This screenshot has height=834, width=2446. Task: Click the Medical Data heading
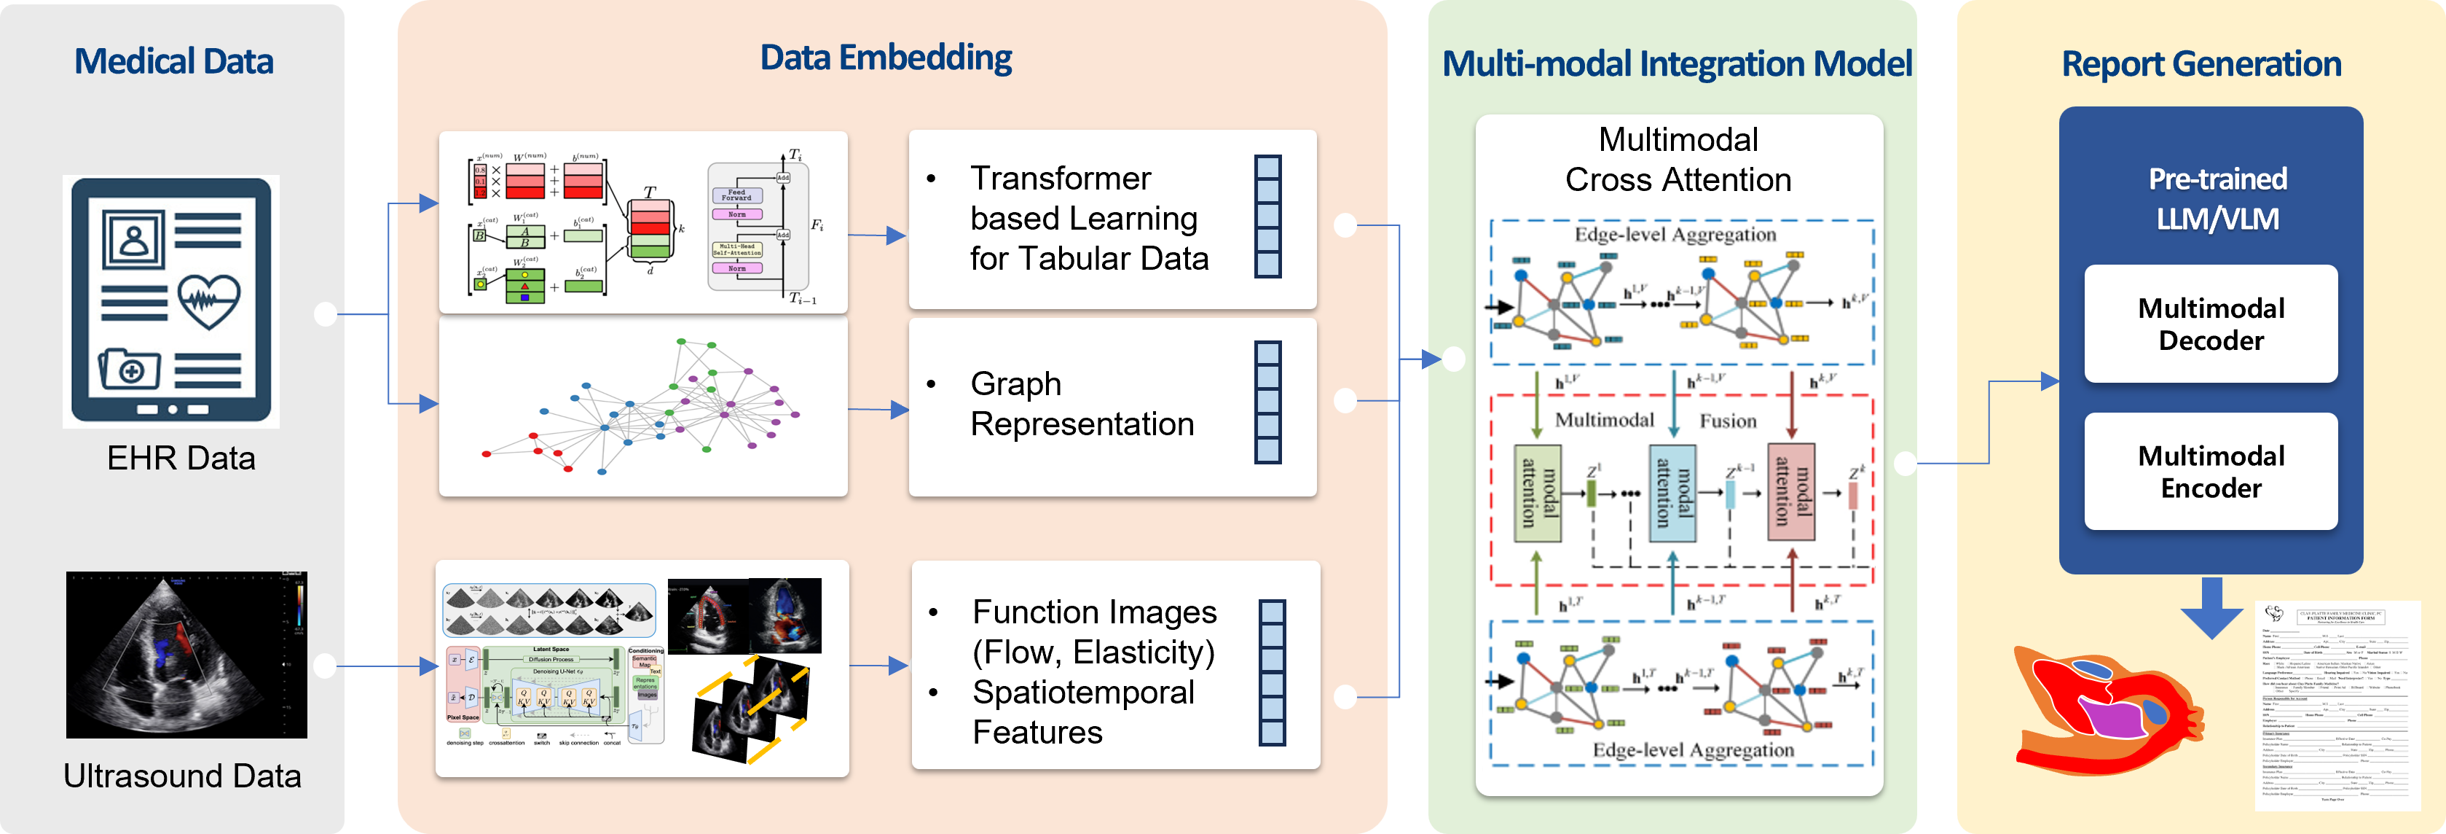174,62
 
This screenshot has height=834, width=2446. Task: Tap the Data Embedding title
886,58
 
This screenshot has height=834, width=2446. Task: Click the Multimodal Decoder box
2211,324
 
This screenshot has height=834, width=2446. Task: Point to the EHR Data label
181,458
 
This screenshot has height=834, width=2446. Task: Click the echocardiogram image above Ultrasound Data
186,655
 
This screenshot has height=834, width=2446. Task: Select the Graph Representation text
1082,404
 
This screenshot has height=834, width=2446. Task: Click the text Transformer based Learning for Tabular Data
1088,219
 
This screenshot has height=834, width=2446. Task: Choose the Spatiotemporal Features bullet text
1082,712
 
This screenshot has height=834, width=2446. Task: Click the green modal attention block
1537,493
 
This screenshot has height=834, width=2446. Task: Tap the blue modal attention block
1671,493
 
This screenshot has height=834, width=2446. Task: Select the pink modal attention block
1791,493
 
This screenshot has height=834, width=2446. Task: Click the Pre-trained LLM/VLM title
2217,198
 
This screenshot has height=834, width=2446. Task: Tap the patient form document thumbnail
2337,705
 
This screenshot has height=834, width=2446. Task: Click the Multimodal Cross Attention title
1678,160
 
